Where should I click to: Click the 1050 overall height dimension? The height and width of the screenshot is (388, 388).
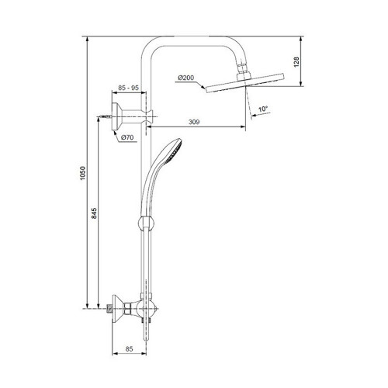pyautogui.click(x=82, y=173)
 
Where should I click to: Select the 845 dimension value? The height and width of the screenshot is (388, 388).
pyautogui.click(x=94, y=213)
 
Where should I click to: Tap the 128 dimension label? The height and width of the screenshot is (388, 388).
pyautogui.click(x=296, y=62)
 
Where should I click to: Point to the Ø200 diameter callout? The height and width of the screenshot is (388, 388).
pyautogui.click(x=185, y=78)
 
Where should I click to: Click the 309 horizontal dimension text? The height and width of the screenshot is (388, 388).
pyautogui.click(x=194, y=122)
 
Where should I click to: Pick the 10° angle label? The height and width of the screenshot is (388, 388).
pyautogui.click(x=263, y=109)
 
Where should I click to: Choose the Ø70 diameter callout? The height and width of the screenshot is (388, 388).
pyautogui.click(x=127, y=137)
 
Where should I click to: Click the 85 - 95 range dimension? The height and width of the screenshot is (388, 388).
pyautogui.click(x=129, y=88)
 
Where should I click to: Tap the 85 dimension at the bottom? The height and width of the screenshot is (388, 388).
pyautogui.click(x=129, y=349)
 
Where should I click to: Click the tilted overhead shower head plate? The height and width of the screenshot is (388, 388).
pyautogui.click(x=244, y=83)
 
